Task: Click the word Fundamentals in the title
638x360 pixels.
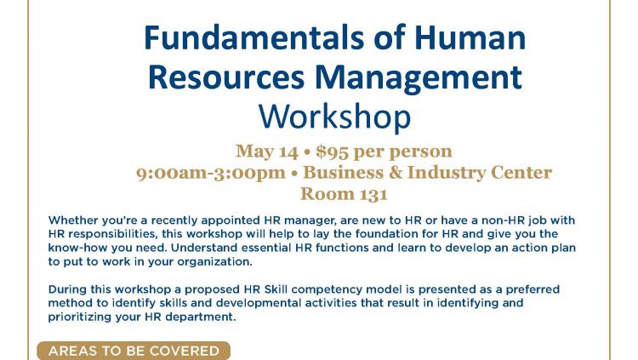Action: pos(254,37)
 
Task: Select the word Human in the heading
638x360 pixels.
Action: pos(470,37)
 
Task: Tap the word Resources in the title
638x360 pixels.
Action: pos(226,77)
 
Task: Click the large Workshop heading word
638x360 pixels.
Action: pos(335,117)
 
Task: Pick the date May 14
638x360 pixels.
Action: pos(267,151)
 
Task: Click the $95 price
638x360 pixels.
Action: pos(332,151)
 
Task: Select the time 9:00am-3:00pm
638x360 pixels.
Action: pos(211,173)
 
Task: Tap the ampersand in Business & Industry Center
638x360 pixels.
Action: pos(396,172)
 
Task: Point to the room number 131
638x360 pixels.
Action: pos(372,194)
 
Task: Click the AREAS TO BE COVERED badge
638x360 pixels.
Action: pos(134,351)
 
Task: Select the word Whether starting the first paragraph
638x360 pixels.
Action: pos(73,220)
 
